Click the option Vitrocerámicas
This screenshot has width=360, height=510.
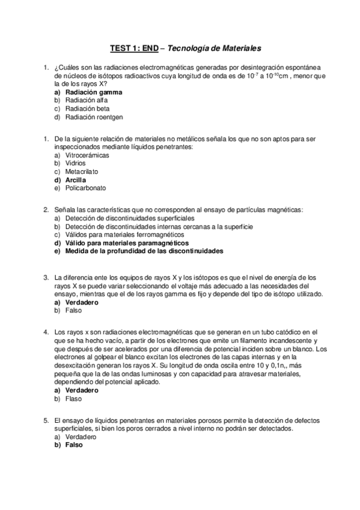pyautogui.click(x=88, y=155)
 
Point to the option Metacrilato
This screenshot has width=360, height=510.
pyautogui.click(x=82, y=171)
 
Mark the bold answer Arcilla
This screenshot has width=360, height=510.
pyautogui.click(x=76, y=179)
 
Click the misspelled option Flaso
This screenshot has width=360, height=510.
pyautogui.click(x=73, y=398)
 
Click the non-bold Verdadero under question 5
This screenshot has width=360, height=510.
pyautogui.click(x=80, y=437)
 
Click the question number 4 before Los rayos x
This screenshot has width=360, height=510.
pyautogui.click(x=46, y=332)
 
